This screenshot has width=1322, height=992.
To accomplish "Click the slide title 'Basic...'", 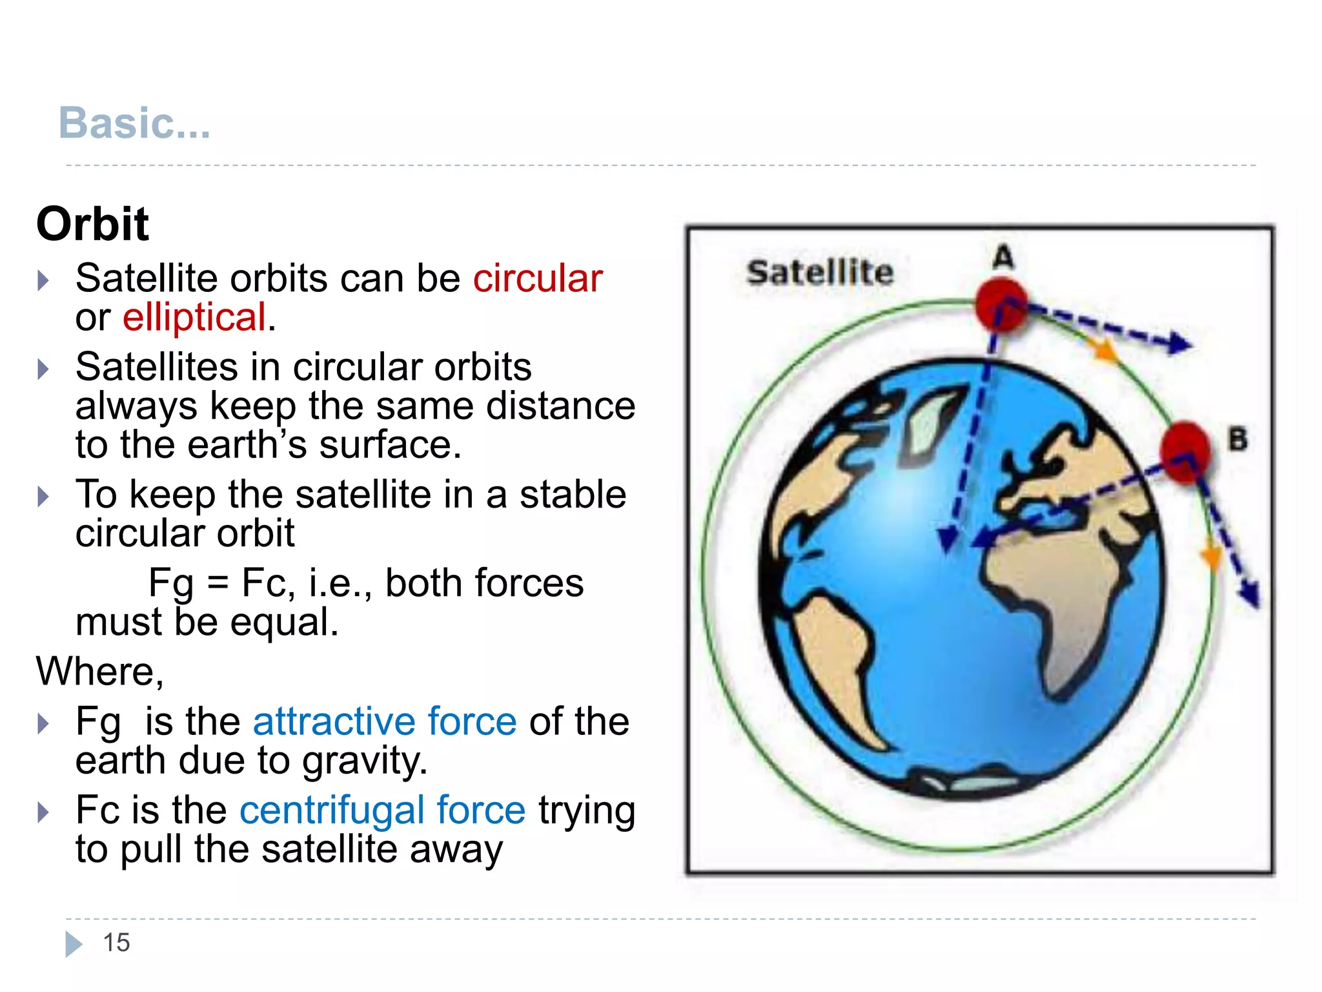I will pyautogui.click(x=134, y=123).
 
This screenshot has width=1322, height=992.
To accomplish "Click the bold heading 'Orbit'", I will pyautogui.click(x=92, y=224).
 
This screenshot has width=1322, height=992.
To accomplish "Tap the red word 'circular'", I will pyautogui.click(x=537, y=278).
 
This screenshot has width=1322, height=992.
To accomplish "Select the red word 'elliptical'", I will pyautogui.click(x=194, y=317).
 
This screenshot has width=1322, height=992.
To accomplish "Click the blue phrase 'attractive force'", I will pyautogui.click(x=385, y=721).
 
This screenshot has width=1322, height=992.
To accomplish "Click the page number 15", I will pyautogui.click(x=116, y=943).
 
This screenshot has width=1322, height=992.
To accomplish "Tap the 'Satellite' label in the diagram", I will pyautogui.click(x=820, y=273).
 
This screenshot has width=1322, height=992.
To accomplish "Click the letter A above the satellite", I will pyautogui.click(x=1003, y=257).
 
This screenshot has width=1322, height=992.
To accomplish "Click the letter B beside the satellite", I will pyautogui.click(x=1237, y=440).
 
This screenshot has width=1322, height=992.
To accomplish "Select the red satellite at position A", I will pyautogui.click(x=1001, y=304).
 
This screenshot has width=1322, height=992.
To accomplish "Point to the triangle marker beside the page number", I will pyautogui.click(x=74, y=944).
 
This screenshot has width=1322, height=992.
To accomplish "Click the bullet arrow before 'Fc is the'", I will pyautogui.click(x=43, y=812).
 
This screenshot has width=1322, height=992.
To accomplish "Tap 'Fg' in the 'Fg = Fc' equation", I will pyautogui.click(x=170, y=584).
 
